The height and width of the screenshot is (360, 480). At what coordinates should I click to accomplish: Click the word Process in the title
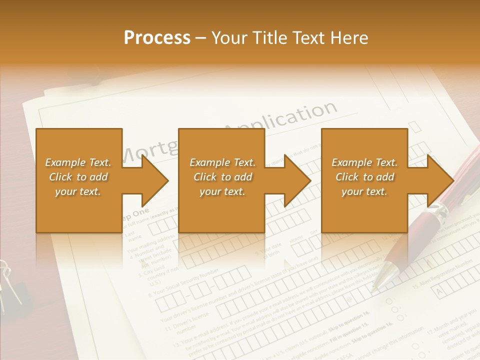coord(157,38)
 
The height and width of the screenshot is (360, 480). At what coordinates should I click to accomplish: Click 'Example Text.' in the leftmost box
coord(78,162)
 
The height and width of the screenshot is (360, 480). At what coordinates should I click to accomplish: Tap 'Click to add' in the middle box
coord(222,177)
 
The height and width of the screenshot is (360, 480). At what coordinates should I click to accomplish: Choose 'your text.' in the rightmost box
coord(364,191)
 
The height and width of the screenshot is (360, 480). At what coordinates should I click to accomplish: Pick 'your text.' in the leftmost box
coord(78,191)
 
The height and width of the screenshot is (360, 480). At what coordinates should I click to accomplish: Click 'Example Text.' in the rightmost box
coord(364,162)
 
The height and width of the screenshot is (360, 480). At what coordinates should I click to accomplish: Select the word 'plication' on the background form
coord(300,116)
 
